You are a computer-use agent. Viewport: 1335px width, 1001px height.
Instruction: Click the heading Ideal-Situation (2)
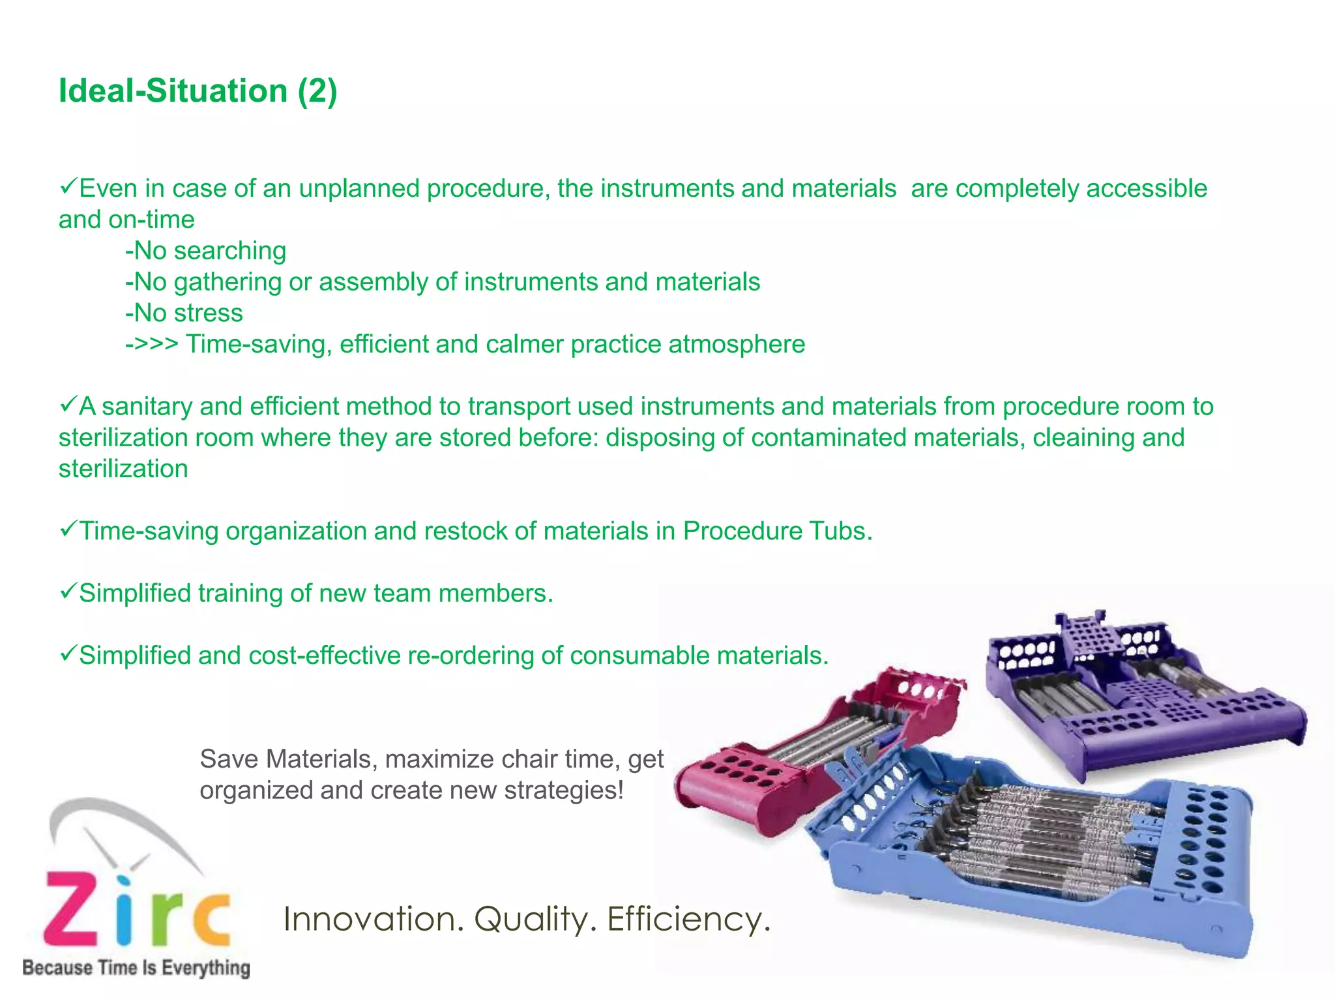[198, 91]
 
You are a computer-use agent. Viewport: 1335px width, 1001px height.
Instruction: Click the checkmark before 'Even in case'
[68, 187]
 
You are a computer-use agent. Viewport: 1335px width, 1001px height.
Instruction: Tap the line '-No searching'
[205, 251]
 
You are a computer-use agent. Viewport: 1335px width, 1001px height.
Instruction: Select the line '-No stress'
[184, 313]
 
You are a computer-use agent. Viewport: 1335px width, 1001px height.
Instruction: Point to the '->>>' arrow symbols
[151, 344]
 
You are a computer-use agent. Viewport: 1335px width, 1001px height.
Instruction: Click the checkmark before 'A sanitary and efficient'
[68, 405]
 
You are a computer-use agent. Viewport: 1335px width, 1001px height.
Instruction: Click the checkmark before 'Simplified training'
[68, 592]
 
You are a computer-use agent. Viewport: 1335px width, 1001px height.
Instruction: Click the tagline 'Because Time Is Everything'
[136, 968]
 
